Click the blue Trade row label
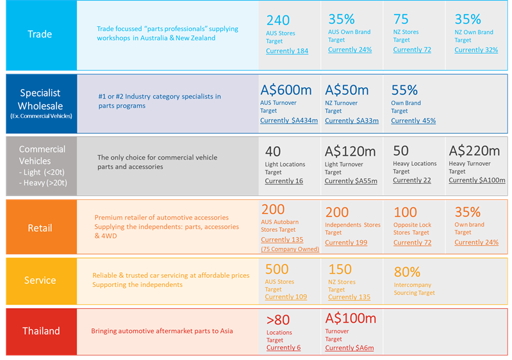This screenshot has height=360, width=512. pyautogui.click(x=40, y=35)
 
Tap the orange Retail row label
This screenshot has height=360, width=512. pyautogui.click(x=40, y=228)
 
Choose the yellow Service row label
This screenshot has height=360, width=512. pyautogui.click(x=40, y=281)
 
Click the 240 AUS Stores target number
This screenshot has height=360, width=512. pyautogui.click(x=278, y=20)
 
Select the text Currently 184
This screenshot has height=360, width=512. pyautogui.click(x=286, y=51)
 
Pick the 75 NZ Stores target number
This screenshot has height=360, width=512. pyautogui.click(x=401, y=19)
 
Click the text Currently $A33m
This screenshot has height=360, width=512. pyautogui.click(x=352, y=120)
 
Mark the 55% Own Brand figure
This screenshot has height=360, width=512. pyautogui.click(x=404, y=90)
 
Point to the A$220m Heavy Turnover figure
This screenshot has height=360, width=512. pyautogui.click(x=474, y=151)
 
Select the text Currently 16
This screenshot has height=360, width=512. pyautogui.click(x=284, y=181)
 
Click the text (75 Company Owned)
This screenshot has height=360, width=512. pyautogui.click(x=290, y=249)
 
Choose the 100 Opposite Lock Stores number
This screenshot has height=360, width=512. pyautogui.click(x=405, y=212)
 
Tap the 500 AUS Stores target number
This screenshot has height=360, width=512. pyautogui.click(x=277, y=269)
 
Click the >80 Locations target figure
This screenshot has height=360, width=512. pyautogui.click(x=277, y=320)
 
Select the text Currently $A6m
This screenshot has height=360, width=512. pyautogui.click(x=349, y=348)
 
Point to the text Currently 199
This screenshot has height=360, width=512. pyautogui.click(x=347, y=243)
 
